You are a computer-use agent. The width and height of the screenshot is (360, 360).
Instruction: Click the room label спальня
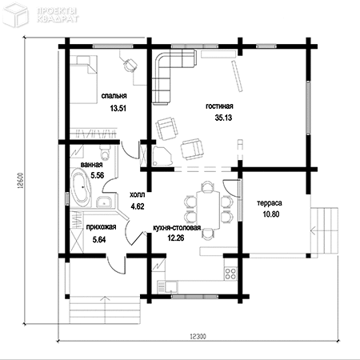click(114, 96)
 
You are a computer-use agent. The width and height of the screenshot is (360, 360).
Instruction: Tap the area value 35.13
click(223, 118)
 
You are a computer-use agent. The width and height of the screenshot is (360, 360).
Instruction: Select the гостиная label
click(219, 106)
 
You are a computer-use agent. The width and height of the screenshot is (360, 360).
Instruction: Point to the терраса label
click(270, 203)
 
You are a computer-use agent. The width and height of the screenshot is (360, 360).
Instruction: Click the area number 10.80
click(271, 214)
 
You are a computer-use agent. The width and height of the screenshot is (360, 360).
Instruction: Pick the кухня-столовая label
click(177, 228)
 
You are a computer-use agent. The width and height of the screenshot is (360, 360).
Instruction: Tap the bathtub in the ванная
click(81, 188)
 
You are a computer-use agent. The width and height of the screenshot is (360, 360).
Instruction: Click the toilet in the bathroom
click(105, 152)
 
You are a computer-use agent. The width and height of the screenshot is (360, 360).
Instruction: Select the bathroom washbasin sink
click(104, 202)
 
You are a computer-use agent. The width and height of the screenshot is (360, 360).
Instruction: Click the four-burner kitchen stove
click(230, 274)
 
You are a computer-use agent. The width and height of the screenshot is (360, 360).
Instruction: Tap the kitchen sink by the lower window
click(171, 286)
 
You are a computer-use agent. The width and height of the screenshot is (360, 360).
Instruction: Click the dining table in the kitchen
click(208, 210)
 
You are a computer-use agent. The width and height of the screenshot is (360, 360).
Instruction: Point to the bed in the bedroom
click(83, 79)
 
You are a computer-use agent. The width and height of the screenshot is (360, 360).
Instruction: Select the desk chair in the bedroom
click(130, 65)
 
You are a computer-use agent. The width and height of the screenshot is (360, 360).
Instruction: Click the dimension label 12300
click(198, 336)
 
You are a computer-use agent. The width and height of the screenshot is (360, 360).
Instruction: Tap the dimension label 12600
click(21, 182)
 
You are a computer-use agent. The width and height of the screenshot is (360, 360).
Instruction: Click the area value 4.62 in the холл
click(138, 206)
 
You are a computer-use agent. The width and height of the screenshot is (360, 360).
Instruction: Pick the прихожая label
click(101, 227)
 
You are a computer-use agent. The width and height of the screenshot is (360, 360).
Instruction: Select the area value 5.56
click(97, 175)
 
